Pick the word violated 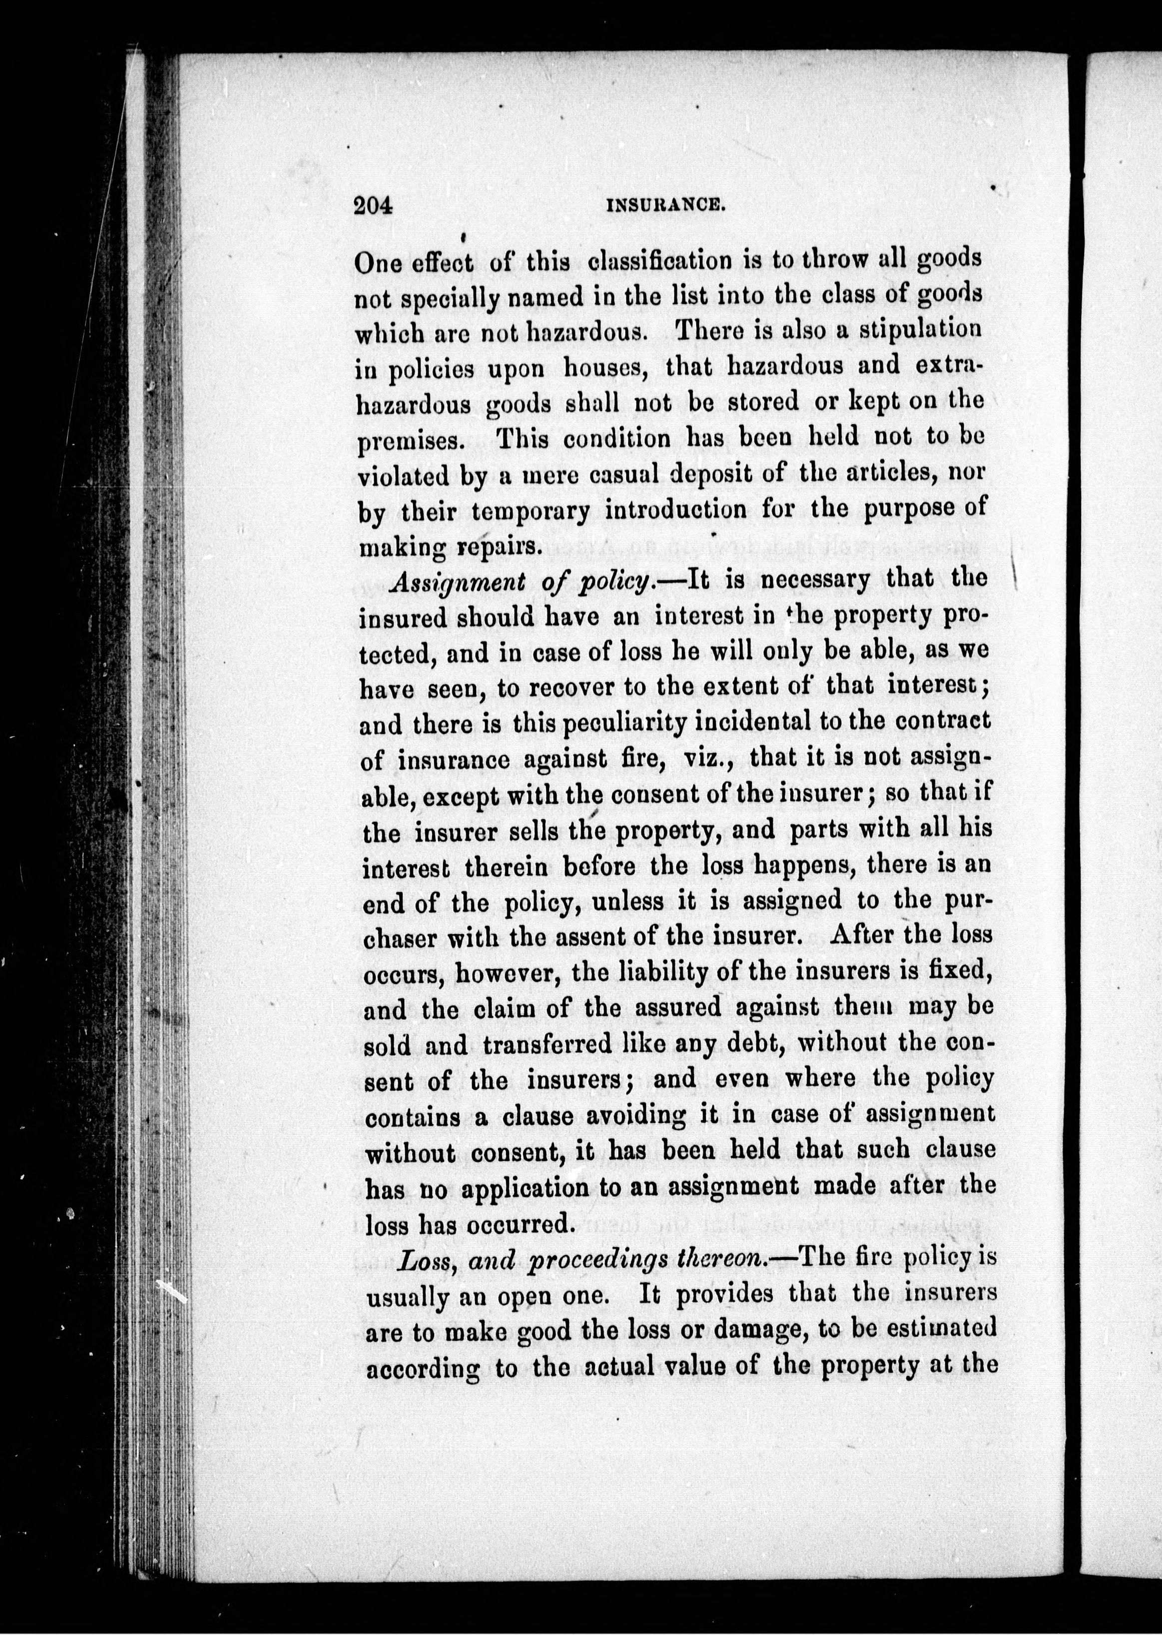pyautogui.click(x=402, y=476)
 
